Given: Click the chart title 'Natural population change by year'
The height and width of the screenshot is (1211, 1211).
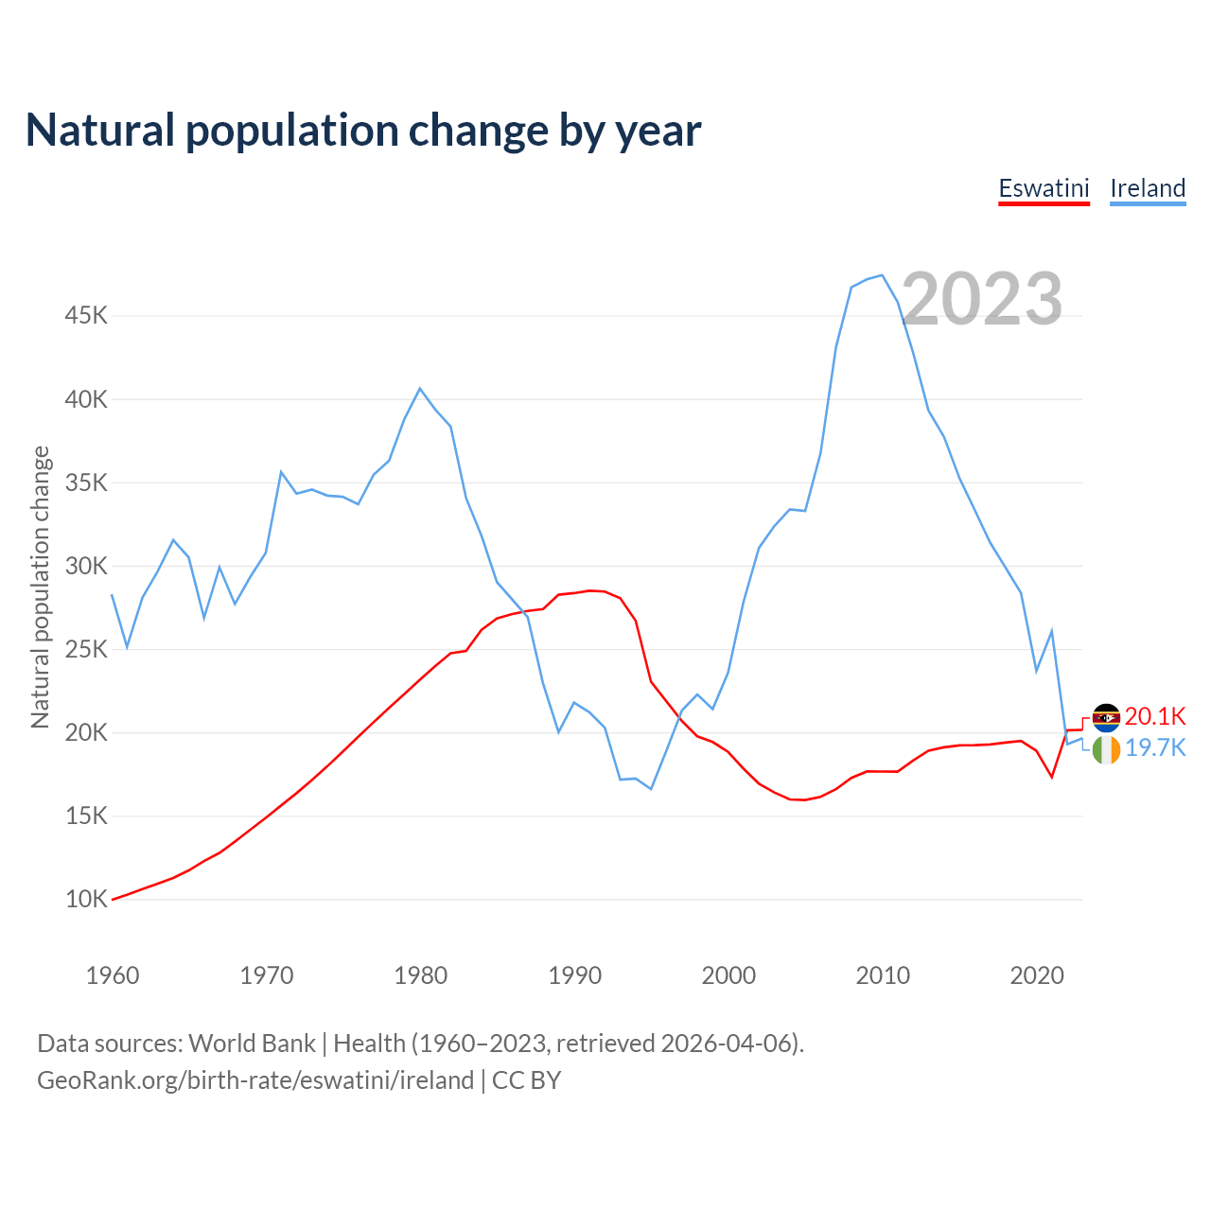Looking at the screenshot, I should [363, 131].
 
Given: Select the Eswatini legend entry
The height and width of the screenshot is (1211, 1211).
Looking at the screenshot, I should [1044, 188].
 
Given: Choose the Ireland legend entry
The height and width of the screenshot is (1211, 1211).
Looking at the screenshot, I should [1148, 188].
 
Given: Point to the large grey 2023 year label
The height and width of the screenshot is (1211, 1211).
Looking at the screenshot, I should [982, 299].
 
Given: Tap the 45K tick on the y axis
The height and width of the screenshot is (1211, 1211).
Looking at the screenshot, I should [86, 315].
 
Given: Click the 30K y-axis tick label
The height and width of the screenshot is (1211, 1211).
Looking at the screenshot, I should [86, 566].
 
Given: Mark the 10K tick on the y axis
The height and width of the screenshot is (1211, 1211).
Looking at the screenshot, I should [86, 899].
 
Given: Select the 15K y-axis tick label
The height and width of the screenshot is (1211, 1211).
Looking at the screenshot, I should [86, 816].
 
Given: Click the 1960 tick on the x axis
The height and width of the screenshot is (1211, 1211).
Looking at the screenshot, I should [113, 975].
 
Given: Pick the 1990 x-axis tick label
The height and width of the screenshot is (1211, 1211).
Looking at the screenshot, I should [574, 975].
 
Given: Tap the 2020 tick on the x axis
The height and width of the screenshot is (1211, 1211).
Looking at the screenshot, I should [1037, 975].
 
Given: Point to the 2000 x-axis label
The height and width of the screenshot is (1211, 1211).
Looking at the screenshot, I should [728, 975].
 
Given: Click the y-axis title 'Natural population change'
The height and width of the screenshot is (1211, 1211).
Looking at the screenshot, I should [41, 587].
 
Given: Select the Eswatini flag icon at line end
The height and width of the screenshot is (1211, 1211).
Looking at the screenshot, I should [1106, 718].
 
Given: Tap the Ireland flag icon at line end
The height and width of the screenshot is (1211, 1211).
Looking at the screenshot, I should [1106, 750].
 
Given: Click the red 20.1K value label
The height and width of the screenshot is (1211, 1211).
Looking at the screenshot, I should [1154, 716].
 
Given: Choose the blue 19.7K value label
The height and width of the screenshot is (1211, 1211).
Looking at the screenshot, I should [1154, 747].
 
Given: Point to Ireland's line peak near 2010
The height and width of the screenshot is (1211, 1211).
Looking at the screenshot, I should [882, 275].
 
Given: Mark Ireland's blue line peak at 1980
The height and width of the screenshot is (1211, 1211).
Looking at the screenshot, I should [420, 388].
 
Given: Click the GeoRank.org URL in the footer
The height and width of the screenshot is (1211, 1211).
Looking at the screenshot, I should [255, 1080].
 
